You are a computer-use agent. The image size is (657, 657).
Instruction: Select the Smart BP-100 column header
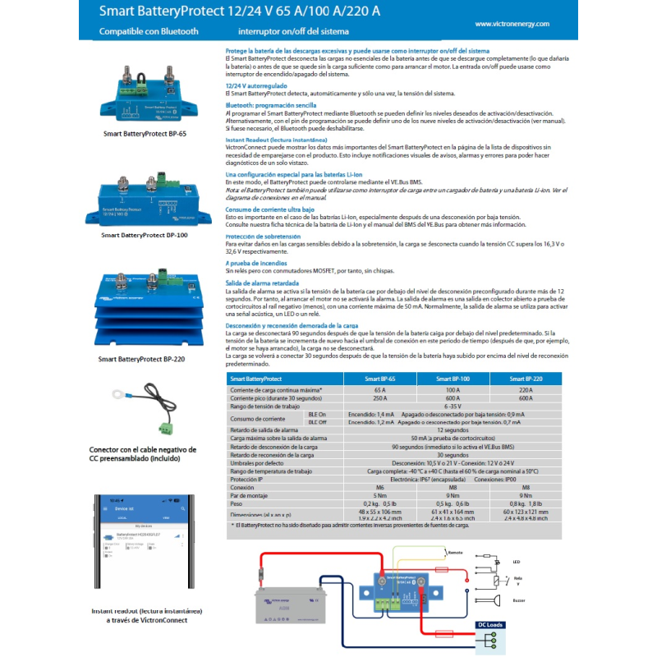pos(452,379)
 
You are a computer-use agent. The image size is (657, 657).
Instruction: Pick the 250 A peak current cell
pos(380,397)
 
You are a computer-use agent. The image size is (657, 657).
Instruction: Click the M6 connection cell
pos(380,487)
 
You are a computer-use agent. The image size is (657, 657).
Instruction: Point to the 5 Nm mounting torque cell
pos(380,495)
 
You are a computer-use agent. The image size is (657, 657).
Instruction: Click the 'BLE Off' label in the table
pos(316,421)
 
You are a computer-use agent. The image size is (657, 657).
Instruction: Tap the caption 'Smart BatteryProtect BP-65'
pos(145,133)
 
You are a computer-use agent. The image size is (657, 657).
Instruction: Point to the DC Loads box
pos(490,625)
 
